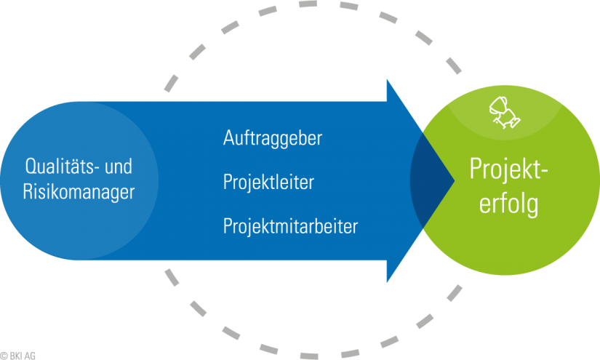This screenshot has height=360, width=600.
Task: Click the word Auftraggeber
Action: click(272, 138)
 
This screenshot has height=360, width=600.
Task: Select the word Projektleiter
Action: click(268, 183)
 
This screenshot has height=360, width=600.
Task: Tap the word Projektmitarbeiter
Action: click(290, 226)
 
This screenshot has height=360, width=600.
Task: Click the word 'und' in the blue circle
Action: click(119, 167)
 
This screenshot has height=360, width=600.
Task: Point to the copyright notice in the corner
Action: click(17, 356)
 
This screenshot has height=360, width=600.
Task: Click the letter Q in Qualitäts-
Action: click(30, 167)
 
